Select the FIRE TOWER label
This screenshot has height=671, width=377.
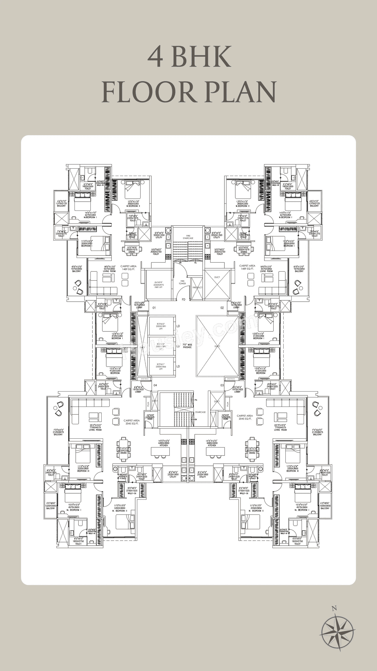(x=183, y=282)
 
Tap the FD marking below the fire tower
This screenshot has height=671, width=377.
(x=183, y=300)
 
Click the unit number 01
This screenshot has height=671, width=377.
(x=154, y=308)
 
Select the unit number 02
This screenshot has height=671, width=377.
(x=222, y=308)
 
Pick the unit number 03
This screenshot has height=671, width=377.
(x=222, y=385)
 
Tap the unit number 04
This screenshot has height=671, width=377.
(x=155, y=385)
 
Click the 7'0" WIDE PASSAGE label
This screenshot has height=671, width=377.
(x=187, y=346)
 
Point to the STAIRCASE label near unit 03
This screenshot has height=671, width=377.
(x=200, y=412)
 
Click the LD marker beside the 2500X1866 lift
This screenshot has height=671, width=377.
(x=178, y=366)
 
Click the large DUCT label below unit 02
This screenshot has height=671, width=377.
(x=217, y=346)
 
